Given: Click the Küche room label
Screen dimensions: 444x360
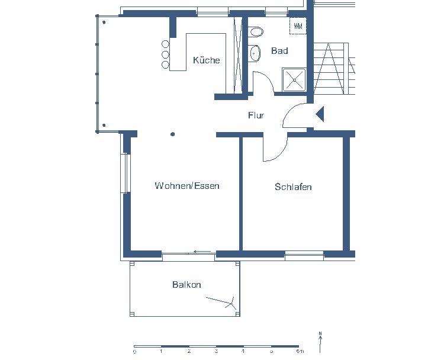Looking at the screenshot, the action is (x=207, y=60).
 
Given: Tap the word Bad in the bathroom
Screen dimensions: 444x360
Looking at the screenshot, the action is (x=279, y=51).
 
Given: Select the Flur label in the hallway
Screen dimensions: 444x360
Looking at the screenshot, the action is (x=256, y=115).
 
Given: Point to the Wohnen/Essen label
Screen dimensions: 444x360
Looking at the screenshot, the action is (x=187, y=186).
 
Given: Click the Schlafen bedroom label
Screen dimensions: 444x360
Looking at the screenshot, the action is (x=293, y=187).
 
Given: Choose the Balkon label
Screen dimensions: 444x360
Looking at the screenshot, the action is (x=186, y=284).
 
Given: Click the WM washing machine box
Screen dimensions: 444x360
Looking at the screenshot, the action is (x=298, y=26).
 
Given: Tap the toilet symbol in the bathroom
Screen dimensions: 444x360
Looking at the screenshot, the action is (x=256, y=32).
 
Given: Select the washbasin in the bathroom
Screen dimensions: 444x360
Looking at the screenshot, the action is (x=255, y=53).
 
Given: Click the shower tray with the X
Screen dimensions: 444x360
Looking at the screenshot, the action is (x=294, y=80).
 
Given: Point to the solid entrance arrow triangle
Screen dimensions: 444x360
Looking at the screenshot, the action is (x=320, y=114).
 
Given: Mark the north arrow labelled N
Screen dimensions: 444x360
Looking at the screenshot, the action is (x=320, y=342).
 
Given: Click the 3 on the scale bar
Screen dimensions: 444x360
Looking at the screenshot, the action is (x=216, y=352).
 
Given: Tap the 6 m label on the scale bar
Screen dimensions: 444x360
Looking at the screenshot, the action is (x=300, y=352).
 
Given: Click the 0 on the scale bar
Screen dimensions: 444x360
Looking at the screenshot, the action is (x=134, y=352).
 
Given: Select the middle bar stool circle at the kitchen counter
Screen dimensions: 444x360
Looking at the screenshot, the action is (x=165, y=54).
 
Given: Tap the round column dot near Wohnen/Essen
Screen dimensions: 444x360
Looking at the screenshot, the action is (x=172, y=134).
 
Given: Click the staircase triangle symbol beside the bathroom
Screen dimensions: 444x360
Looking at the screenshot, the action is (x=329, y=68).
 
